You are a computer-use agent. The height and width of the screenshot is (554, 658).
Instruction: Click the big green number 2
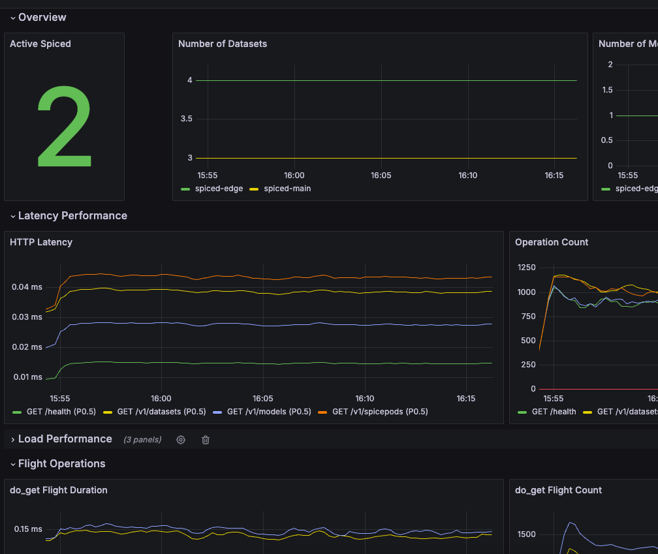coord(64,125)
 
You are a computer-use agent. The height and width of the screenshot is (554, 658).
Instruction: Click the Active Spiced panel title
coord(40,44)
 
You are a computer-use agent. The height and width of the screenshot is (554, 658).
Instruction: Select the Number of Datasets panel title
coord(223,44)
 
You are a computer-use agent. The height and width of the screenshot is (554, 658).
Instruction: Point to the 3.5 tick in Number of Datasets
coord(187,119)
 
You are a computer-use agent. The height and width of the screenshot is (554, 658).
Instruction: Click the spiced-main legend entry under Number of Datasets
coord(287,189)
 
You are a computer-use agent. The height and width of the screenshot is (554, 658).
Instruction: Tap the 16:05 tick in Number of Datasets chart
coord(381,176)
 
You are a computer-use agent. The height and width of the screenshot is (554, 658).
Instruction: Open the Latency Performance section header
coord(72,215)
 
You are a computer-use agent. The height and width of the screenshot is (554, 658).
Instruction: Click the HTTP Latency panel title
coord(41,242)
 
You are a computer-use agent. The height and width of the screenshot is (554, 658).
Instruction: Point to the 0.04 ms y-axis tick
coord(27,287)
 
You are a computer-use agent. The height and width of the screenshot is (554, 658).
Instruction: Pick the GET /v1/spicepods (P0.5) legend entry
coord(380,412)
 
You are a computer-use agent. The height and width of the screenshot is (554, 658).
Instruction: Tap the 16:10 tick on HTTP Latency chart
coord(365,398)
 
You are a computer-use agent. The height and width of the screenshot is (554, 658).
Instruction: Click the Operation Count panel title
coord(552,242)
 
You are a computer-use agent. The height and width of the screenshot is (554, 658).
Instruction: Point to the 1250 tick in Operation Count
coord(527,268)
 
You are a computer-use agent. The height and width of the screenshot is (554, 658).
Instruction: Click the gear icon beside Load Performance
coord(181,440)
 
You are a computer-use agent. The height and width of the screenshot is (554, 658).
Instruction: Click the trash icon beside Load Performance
coord(206,440)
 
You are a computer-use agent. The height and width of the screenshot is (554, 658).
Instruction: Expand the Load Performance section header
coord(65,439)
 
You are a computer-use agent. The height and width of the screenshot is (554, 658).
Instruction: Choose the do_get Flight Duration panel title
coord(59,490)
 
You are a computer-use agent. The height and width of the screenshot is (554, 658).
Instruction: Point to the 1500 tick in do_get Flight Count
coord(527,534)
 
